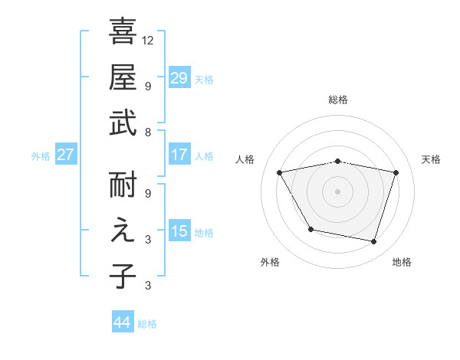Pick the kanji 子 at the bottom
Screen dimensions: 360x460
pos(123,276)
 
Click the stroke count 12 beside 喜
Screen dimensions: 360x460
pos(148,40)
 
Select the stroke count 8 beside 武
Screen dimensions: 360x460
pos(148,132)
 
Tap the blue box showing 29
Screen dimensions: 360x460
pos(179,77)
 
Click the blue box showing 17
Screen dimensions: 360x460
pos(179,155)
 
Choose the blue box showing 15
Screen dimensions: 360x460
pos(179,231)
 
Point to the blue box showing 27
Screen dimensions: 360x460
pos(65,155)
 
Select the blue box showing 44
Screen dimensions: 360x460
pos(122,322)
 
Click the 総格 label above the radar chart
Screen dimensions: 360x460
pos(338,100)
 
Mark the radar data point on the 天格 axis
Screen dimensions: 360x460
pos(396,172)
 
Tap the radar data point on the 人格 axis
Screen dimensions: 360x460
pos(280,172)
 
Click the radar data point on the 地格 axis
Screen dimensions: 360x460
pos(373,241)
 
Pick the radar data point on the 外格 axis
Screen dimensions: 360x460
pos(310,229)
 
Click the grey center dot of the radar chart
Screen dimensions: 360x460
pos(338,191)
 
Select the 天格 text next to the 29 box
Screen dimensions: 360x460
pos(203,79)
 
